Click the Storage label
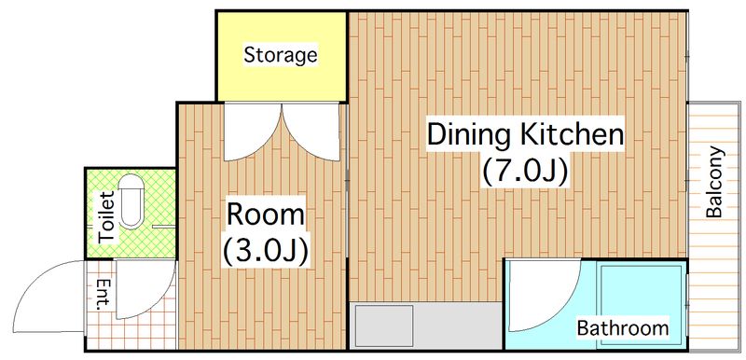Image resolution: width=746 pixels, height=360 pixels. coord(281,55)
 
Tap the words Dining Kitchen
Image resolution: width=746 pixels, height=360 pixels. coord(525,134)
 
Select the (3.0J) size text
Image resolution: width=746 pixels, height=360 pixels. coord(265,249)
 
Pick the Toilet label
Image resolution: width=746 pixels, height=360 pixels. coord(107,217)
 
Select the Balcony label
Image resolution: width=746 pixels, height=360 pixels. coord(714,182)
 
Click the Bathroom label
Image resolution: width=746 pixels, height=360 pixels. coord(623,328)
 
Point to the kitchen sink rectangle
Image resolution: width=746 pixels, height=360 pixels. coord(384,325)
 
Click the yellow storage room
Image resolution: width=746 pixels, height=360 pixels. coord(282,56)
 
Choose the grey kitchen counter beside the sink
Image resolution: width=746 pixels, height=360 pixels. coord(458,325)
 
